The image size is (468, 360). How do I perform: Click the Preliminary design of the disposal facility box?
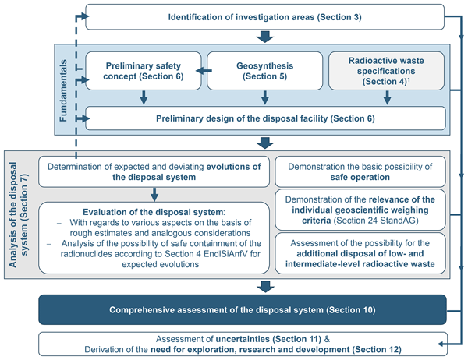pyautogui.click(x=265, y=118)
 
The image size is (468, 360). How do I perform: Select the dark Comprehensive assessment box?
pyautogui.click(x=241, y=310)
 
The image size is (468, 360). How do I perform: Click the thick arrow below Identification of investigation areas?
pyautogui.click(x=265, y=36)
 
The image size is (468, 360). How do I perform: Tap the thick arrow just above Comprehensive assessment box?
pyautogui.click(x=265, y=285)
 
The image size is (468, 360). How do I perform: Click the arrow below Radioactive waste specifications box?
pyautogui.click(x=386, y=97)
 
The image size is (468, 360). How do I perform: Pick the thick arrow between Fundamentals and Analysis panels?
pyautogui.click(x=265, y=142)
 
